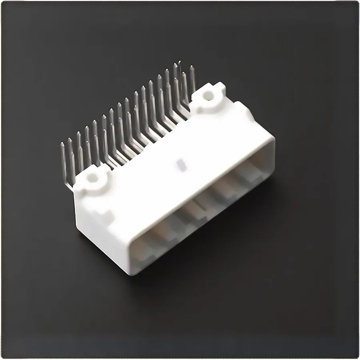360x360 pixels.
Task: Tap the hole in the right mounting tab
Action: (208, 95)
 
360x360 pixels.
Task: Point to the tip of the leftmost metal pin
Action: (62, 144)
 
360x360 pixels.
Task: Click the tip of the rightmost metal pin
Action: (192, 67)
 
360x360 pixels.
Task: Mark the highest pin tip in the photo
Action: (179, 62)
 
